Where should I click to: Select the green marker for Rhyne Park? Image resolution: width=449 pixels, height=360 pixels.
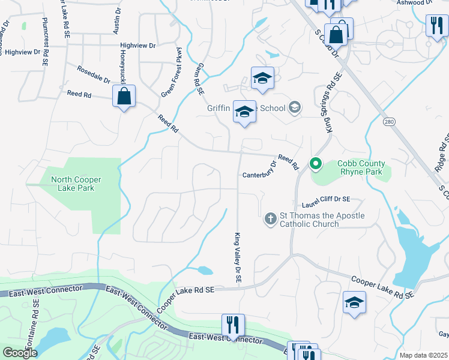pos(315,163)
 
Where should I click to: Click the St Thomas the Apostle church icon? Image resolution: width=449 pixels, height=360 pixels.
pos(270,220)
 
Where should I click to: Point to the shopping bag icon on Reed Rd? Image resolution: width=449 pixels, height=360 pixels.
pos(124,97)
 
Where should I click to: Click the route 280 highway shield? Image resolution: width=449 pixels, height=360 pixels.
pos(390,122)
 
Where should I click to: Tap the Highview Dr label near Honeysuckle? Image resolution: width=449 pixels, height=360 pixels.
pos(137,45)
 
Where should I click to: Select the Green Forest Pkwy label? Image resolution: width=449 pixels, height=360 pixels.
pos(171,73)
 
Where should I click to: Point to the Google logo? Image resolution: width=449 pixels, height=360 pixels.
pos(20,353)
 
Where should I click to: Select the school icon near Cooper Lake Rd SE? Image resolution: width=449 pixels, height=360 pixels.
pos(354,302)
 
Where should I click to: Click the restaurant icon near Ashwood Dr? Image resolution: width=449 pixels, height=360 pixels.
pos(436,25)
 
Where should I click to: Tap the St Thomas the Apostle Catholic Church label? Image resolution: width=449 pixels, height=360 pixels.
pos(309,220)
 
